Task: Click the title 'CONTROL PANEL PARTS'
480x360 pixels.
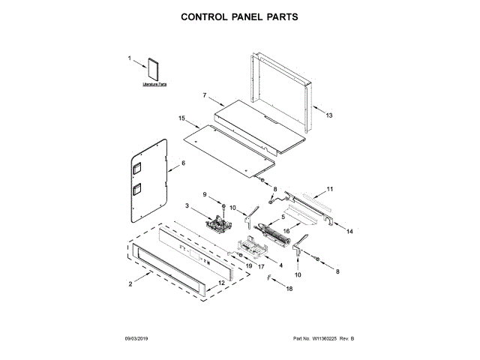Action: (x=239, y=16)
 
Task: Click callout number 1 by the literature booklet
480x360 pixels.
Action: (x=129, y=58)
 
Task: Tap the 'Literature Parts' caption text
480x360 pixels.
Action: (x=154, y=85)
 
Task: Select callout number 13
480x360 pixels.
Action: (x=328, y=115)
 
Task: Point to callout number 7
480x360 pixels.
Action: (x=203, y=95)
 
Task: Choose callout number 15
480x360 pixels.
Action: (x=181, y=118)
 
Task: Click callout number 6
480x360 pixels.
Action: (x=181, y=163)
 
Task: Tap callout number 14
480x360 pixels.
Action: (x=350, y=232)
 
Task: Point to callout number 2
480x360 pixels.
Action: (x=130, y=284)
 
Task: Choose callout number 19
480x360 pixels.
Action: (x=248, y=265)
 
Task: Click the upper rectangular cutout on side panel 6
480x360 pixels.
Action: (x=138, y=170)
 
